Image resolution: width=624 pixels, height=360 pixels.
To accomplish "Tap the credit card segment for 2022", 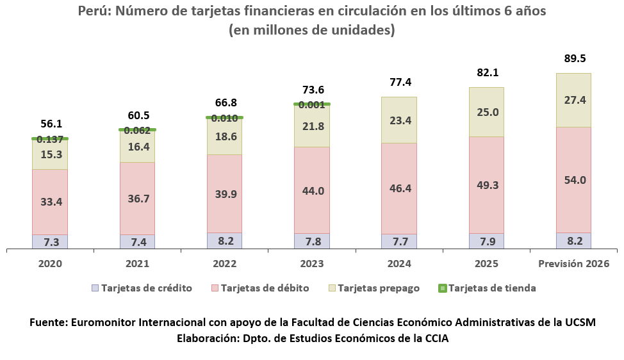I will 224,241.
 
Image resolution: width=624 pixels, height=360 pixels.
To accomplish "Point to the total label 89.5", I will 573,58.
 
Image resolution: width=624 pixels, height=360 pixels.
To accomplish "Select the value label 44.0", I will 312,191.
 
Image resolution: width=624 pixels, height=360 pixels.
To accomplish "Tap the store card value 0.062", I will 137,130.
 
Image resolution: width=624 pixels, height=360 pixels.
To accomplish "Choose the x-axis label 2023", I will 312,264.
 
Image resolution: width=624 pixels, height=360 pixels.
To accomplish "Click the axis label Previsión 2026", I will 573,264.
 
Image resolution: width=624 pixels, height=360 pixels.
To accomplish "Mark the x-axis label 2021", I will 137,264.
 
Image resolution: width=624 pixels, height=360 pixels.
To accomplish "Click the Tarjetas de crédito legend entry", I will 146,288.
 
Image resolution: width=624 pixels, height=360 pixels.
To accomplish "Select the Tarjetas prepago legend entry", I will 378,288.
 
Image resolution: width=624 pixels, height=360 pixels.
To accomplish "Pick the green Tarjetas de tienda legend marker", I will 441,288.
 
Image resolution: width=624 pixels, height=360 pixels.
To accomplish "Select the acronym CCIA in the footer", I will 434,339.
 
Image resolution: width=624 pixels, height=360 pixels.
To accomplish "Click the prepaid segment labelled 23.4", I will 399,120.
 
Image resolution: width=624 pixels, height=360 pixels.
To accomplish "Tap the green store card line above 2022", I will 224,117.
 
